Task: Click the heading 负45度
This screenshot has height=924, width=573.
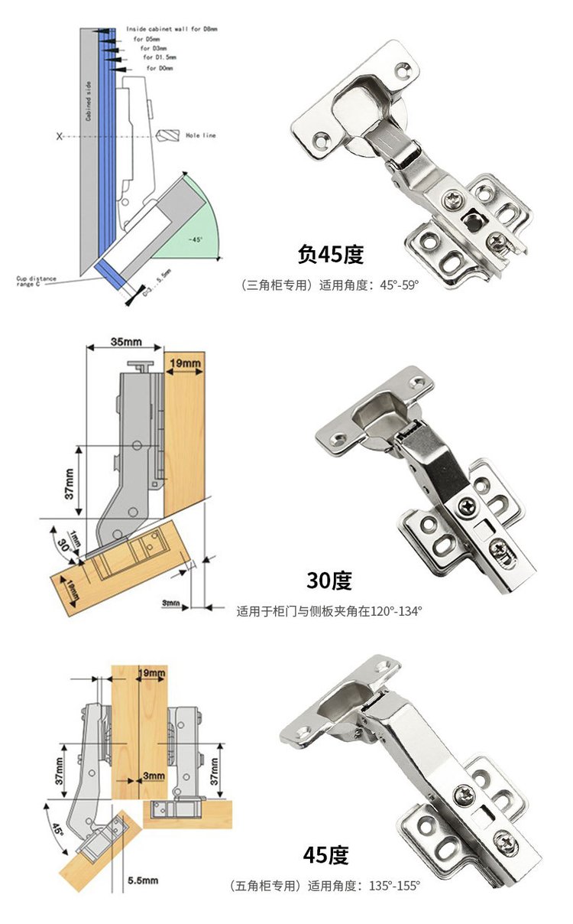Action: click(x=330, y=254)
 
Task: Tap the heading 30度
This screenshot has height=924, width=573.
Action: click(x=329, y=581)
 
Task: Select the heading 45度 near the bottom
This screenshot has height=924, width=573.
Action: click(x=325, y=854)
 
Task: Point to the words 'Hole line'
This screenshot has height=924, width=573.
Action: click(x=201, y=135)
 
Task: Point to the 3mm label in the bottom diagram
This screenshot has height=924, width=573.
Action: click(x=154, y=776)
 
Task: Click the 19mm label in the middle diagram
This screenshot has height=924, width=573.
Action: click(x=186, y=362)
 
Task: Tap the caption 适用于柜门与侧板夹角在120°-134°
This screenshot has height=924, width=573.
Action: click(x=329, y=611)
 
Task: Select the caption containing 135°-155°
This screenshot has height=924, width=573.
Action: click(x=325, y=886)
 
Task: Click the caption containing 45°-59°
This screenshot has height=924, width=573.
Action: click(x=331, y=285)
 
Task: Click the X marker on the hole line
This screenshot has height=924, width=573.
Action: click(x=59, y=136)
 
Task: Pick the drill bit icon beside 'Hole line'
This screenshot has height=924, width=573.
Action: click(x=169, y=135)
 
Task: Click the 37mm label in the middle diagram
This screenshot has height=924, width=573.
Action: click(x=69, y=483)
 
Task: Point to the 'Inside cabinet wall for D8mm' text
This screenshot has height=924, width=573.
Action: click(x=172, y=28)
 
